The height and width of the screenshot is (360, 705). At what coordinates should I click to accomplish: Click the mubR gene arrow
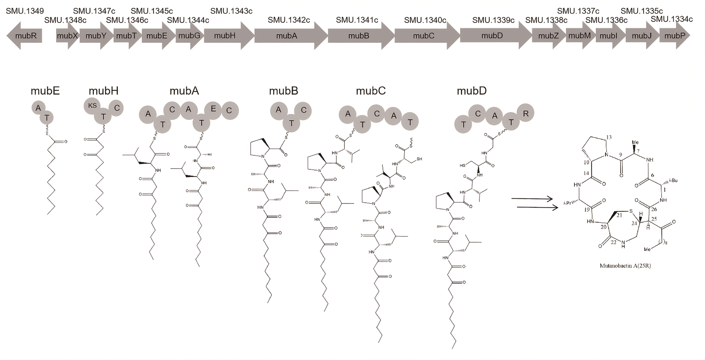coord(25,36)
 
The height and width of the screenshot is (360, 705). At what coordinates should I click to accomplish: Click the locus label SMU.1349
coord(25,11)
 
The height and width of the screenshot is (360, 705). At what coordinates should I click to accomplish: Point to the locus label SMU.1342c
coord(289,20)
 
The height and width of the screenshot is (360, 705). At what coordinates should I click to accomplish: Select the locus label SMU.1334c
coord(672,19)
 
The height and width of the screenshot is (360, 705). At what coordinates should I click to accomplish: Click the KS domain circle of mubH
coord(92,106)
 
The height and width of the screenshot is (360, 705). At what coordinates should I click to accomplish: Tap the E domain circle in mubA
coord(213,109)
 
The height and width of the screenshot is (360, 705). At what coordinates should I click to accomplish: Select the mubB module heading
coord(283,91)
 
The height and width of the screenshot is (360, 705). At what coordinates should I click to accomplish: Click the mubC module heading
coord(371,91)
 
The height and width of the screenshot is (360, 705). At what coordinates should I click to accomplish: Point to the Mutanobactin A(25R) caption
coord(625,266)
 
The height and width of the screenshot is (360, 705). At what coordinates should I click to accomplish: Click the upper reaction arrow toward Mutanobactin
coord(532,199)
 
